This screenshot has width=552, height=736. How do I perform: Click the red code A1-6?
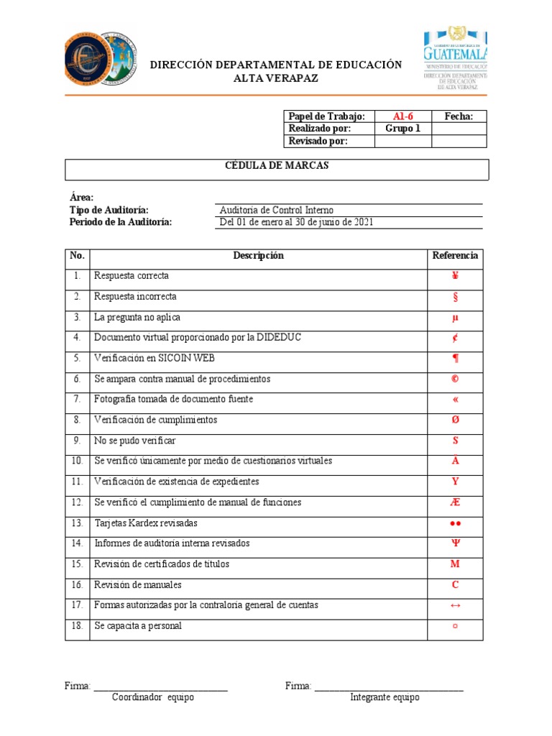pos(402,116)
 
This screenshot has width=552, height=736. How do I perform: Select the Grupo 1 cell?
pos(402,129)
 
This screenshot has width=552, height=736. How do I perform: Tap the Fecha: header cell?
pos(459,116)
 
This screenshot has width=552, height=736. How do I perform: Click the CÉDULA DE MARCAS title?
pos(277,166)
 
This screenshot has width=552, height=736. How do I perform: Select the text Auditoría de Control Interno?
pos(277,210)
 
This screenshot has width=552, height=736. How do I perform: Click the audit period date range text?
pos(296,222)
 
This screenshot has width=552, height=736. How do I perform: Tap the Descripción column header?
pos(258,256)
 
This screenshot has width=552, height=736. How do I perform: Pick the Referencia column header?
pos(455,256)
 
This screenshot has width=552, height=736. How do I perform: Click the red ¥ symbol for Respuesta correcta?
pos(455,276)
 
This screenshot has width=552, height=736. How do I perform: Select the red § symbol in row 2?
pos(455,297)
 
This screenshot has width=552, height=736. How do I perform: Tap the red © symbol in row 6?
pos(455,379)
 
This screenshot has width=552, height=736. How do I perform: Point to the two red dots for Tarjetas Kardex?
pos(455,523)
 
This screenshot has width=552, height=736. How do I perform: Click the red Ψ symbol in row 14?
pos(455,543)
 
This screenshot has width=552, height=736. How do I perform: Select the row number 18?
pos(77,626)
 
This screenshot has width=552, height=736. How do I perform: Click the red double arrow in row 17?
pos(455,605)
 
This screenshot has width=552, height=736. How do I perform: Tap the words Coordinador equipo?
pos(153,697)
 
